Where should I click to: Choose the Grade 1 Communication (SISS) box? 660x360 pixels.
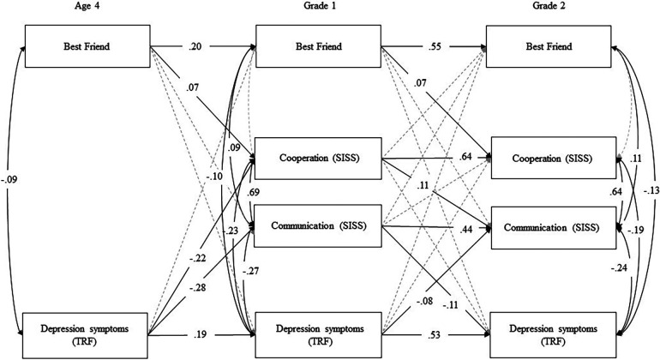[317, 228]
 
